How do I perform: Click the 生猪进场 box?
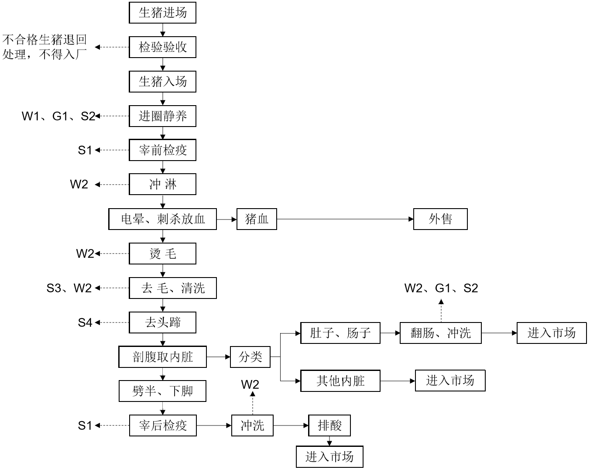pyautogui.click(x=162, y=13)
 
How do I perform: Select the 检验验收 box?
pyautogui.click(x=162, y=47)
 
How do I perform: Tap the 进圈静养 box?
pyautogui.click(x=162, y=116)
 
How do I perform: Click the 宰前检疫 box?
pyautogui.click(x=162, y=150)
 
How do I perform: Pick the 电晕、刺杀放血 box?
pyautogui.click(x=162, y=219)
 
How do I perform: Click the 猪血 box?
pyautogui.click(x=257, y=219)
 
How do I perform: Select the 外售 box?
pyautogui.click(x=440, y=219)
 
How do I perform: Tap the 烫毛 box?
pyautogui.click(x=162, y=254)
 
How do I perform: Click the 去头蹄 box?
pyautogui.click(x=162, y=323)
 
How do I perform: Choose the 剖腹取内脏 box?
pyautogui.click(x=162, y=357)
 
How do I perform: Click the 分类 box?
pyautogui.click(x=250, y=357)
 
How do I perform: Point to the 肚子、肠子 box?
pyautogui.click(x=340, y=333)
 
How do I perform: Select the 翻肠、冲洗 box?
pyautogui.click(x=440, y=333)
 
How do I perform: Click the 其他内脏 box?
pyautogui.click(x=340, y=381)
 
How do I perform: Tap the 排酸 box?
pyautogui.click(x=329, y=425)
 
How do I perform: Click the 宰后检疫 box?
pyautogui.click(x=162, y=425)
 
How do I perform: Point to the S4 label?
pyautogui.click(x=85, y=323)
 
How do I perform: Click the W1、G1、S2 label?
pyautogui.click(x=58, y=116)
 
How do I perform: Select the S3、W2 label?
pyautogui.click(x=69, y=288)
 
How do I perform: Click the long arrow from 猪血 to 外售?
pyautogui.click(x=345, y=219)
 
